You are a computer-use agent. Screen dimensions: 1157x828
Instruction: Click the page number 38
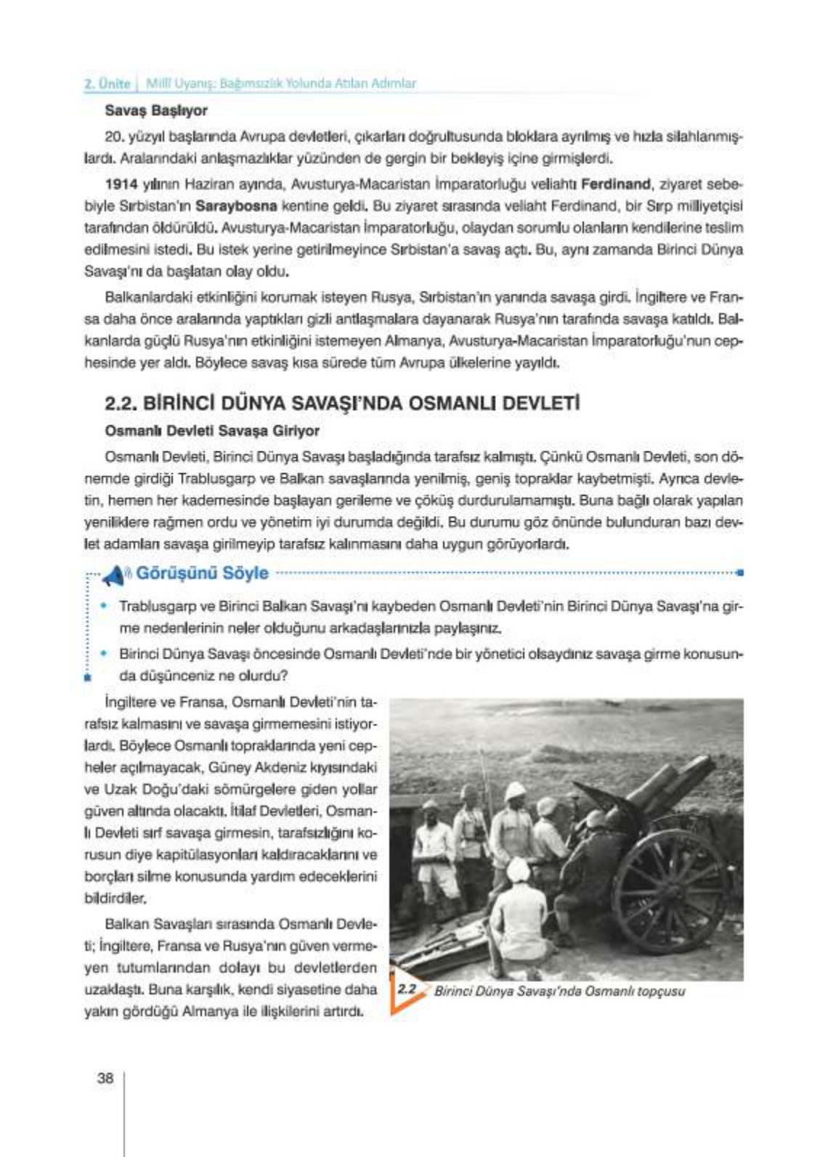[105, 1078]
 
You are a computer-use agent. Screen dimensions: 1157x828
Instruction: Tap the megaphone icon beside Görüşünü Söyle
[114, 575]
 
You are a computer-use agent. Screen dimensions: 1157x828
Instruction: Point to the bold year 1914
[121, 184]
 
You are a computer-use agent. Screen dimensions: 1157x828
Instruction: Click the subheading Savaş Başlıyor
[156, 111]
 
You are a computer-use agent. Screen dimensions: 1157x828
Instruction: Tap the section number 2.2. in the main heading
[121, 404]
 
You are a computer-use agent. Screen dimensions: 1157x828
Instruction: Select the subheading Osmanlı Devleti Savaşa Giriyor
[212, 431]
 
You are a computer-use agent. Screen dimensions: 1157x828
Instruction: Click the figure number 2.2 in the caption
[407, 989]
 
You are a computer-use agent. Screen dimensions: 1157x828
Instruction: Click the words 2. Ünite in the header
[107, 83]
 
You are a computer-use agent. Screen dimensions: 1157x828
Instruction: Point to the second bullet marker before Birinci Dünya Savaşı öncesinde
[105, 653]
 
